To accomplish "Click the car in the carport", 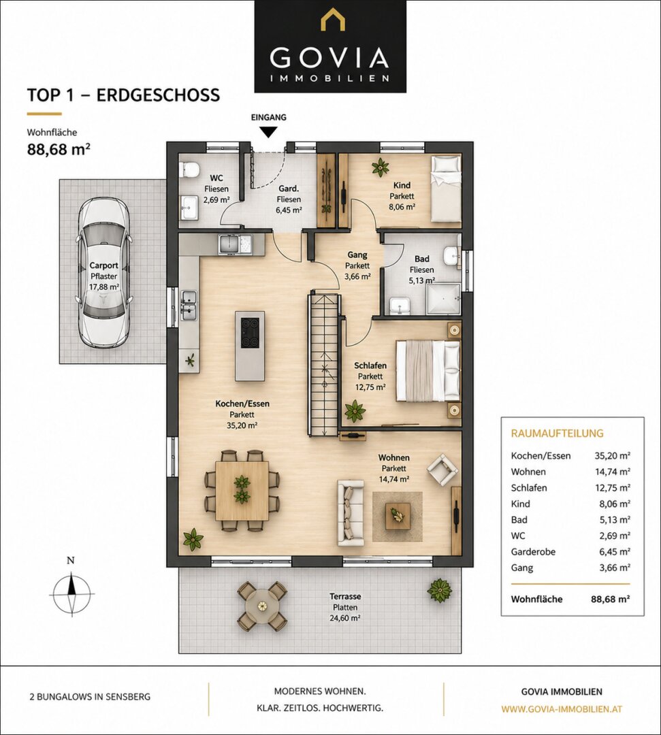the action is point(104,272).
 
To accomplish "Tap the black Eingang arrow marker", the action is point(268,132).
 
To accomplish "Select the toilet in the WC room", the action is point(190,169).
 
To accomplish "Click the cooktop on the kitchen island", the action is point(250,332).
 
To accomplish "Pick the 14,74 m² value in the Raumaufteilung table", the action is point(612,472).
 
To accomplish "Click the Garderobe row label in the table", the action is point(533,552).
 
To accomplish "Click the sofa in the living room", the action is point(350,513).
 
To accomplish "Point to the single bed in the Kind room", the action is point(446,189).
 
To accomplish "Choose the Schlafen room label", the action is point(370,365).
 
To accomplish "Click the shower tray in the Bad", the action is point(443,299).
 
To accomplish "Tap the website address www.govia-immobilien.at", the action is point(562,708).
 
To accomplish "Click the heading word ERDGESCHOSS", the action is point(158,95).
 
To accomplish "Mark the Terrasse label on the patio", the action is point(345,596).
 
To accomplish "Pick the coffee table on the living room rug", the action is point(398,516).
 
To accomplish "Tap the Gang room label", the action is point(357,255).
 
